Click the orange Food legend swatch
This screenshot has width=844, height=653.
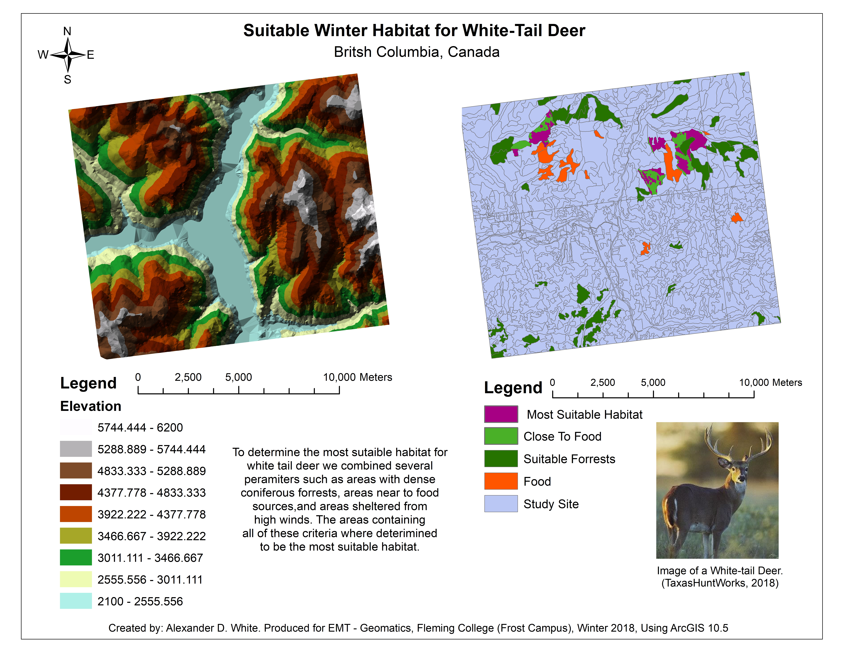click(x=501, y=481)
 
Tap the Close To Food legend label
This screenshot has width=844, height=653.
click(x=562, y=436)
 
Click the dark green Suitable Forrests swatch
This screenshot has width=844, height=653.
click(x=501, y=459)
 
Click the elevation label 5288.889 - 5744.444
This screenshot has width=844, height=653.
click(x=152, y=449)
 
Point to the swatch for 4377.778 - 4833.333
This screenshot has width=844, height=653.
click(x=76, y=492)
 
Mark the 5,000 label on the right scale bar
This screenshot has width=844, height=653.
click(x=653, y=383)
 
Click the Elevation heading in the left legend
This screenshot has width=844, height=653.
click(x=91, y=406)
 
